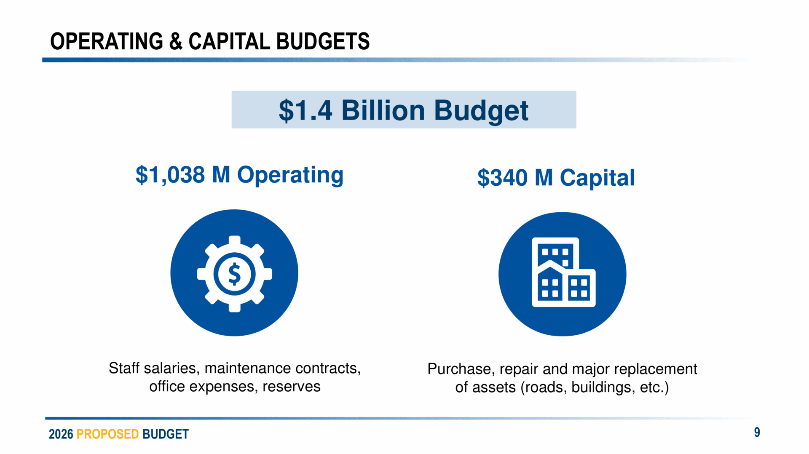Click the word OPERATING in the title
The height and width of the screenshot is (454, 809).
pyautogui.click(x=107, y=41)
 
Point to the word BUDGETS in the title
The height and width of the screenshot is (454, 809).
pyautogui.click(x=323, y=41)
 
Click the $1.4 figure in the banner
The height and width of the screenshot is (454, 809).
pyautogui.click(x=305, y=110)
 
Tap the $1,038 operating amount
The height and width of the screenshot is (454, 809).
pyautogui.click(x=170, y=175)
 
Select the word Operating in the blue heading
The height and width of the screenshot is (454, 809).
pyautogui.click(x=290, y=176)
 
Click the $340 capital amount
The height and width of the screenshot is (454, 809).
pyautogui.click(x=502, y=178)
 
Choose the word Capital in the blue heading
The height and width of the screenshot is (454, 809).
pyautogui.click(x=597, y=178)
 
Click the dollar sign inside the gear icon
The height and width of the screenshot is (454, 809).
pyautogui.click(x=234, y=274)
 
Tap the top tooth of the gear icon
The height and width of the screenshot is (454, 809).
pyautogui.click(x=234, y=240)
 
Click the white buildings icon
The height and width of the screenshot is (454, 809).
pyautogui.click(x=563, y=272)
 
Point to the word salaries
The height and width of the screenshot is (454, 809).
pyautogui.click(x=172, y=369)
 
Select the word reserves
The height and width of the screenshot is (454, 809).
pyautogui.click(x=291, y=387)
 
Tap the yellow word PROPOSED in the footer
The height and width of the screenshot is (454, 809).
pyautogui.click(x=107, y=434)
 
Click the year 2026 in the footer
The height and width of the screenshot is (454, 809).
pyautogui.click(x=61, y=434)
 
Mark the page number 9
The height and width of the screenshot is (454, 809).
pyautogui.click(x=757, y=433)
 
